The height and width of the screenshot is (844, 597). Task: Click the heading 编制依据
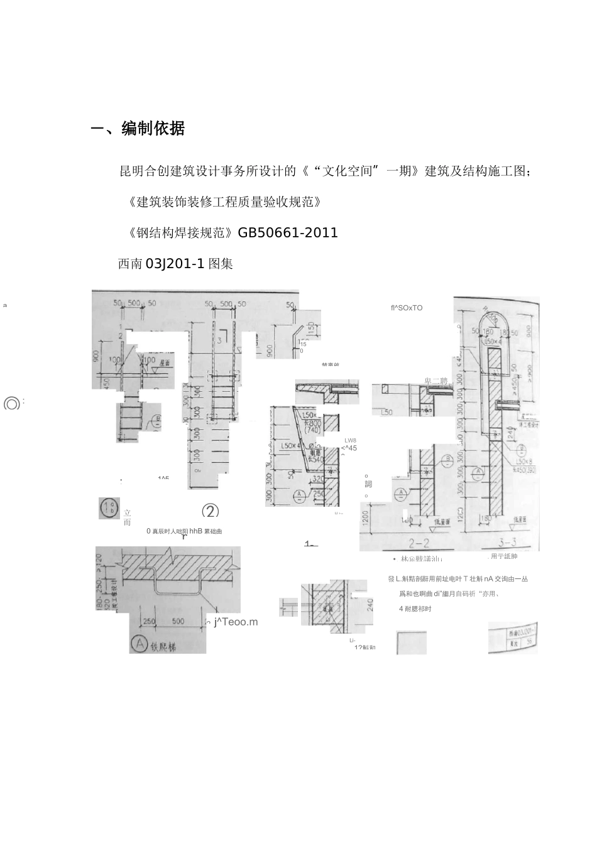[153, 129]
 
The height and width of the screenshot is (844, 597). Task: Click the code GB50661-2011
[288, 233]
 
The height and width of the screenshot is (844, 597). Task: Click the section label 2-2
[419, 543]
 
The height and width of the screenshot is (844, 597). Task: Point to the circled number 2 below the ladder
[210, 511]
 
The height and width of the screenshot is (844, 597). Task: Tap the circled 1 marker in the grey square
[109, 508]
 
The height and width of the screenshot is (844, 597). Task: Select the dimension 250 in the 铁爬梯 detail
[149, 621]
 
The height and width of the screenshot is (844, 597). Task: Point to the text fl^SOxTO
[406, 308]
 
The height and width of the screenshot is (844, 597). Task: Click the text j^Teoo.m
[236, 622]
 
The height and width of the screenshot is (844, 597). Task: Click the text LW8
[350, 440]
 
